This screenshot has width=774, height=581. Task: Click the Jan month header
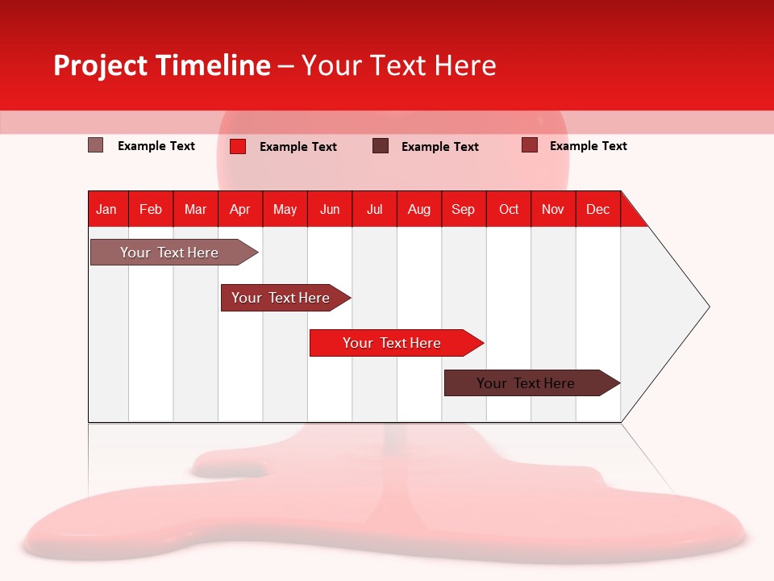pyautogui.click(x=106, y=209)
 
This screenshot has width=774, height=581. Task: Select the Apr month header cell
pyautogui.click(x=239, y=209)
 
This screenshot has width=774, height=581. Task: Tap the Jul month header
pyautogui.click(x=374, y=209)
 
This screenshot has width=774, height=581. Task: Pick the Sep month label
pyautogui.click(x=463, y=209)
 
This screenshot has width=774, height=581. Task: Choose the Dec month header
pyautogui.click(x=597, y=209)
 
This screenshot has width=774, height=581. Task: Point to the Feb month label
pyautogui.click(x=151, y=209)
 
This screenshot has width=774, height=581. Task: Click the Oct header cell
pyautogui.click(x=509, y=209)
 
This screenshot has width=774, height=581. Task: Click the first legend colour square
pyautogui.click(x=95, y=145)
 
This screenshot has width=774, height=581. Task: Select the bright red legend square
pyautogui.click(x=238, y=146)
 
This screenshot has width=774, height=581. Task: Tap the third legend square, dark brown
pyautogui.click(x=381, y=145)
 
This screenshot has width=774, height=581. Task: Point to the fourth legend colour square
pyautogui.click(x=529, y=145)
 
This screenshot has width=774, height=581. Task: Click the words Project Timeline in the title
pyautogui.click(x=161, y=65)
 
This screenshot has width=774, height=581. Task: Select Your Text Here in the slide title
pyautogui.click(x=399, y=65)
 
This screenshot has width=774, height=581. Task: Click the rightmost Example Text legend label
pyautogui.click(x=588, y=146)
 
